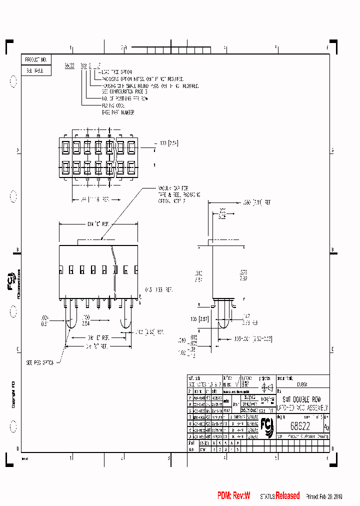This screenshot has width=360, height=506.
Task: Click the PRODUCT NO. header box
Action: click(36, 59)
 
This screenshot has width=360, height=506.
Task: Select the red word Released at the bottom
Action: click(288, 496)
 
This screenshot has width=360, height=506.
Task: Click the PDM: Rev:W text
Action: click(233, 496)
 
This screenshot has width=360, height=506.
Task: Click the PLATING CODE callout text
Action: click(112, 105)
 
